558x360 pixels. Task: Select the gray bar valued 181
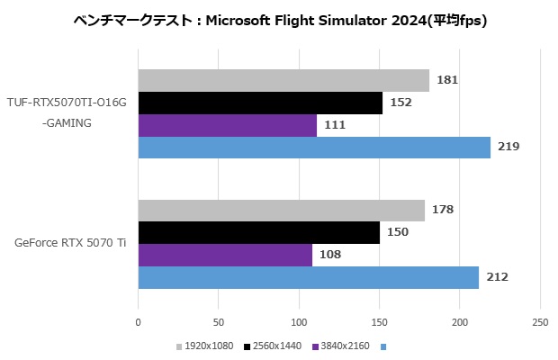(283, 80)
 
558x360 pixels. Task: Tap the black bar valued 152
(260, 103)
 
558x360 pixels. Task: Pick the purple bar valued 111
(227, 125)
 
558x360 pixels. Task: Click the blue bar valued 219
(314, 147)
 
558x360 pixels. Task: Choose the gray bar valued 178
(281, 211)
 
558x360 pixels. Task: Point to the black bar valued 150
(258, 233)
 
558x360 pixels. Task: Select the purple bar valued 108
(225, 255)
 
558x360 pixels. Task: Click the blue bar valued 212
(308, 277)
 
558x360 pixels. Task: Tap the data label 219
(508, 147)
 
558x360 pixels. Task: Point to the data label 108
(330, 255)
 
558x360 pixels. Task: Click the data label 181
(447, 80)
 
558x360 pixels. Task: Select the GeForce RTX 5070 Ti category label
(70, 244)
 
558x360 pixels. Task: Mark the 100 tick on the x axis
(299, 321)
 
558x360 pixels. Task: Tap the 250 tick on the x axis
(540, 321)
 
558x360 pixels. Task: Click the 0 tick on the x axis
(139, 321)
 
